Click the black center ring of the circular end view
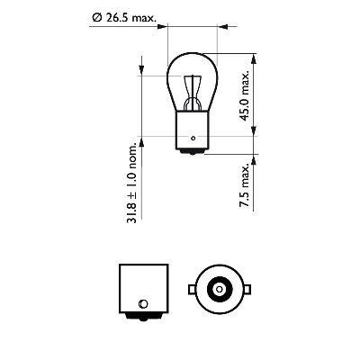pos(219,289)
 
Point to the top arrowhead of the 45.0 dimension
pos(253,55)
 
